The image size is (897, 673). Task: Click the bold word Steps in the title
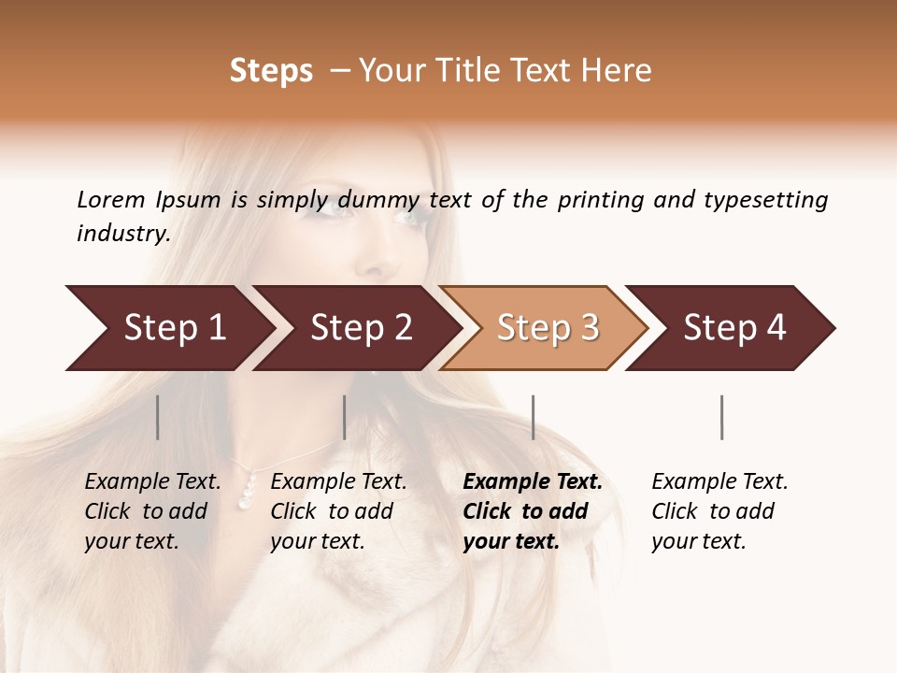(271, 71)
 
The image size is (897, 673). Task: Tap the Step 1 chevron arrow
(174, 328)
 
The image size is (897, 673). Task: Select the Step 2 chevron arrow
(361, 328)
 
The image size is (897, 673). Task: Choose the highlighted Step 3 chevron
(548, 328)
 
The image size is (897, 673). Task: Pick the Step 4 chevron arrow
(734, 328)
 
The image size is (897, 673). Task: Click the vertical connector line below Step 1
(158, 417)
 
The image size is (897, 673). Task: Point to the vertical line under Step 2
(345, 417)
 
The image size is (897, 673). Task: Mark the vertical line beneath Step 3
(534, 417)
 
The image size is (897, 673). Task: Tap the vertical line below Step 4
(722, 417)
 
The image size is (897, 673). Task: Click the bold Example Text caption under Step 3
(533, 511)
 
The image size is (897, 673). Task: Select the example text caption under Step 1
(152, 511)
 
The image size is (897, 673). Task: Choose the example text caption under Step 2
(338, 511)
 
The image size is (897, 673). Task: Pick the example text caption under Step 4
(719, 511)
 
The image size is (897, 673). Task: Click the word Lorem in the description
(111, 200)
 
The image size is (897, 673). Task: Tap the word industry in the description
(122, 234)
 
